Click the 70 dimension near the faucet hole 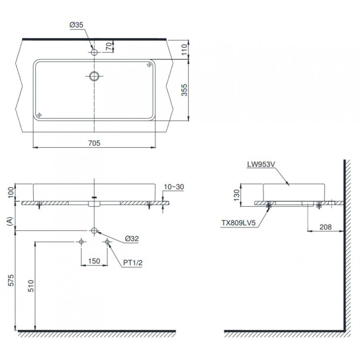click(108, 47)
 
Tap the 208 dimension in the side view click(326, 227)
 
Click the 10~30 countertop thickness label click(174, 187)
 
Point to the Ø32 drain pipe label click(132, 238)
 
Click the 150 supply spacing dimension click(94, 261)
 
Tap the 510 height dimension click(30, 286)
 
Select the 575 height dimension click(11, 281)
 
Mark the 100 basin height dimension click(11, 192)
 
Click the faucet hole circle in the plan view click(94, 52)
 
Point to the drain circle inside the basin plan click(94, 76)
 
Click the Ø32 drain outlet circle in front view click(94, 231)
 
